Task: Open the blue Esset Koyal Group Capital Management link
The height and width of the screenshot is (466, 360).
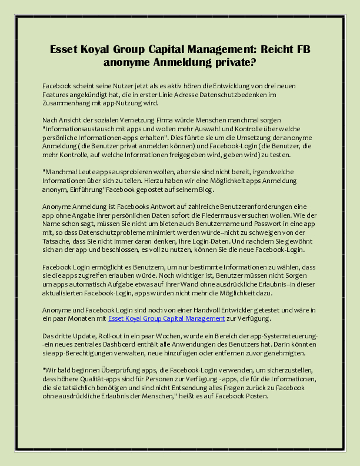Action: pos(166,318)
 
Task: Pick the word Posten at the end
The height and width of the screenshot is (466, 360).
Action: pos(255,396)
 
